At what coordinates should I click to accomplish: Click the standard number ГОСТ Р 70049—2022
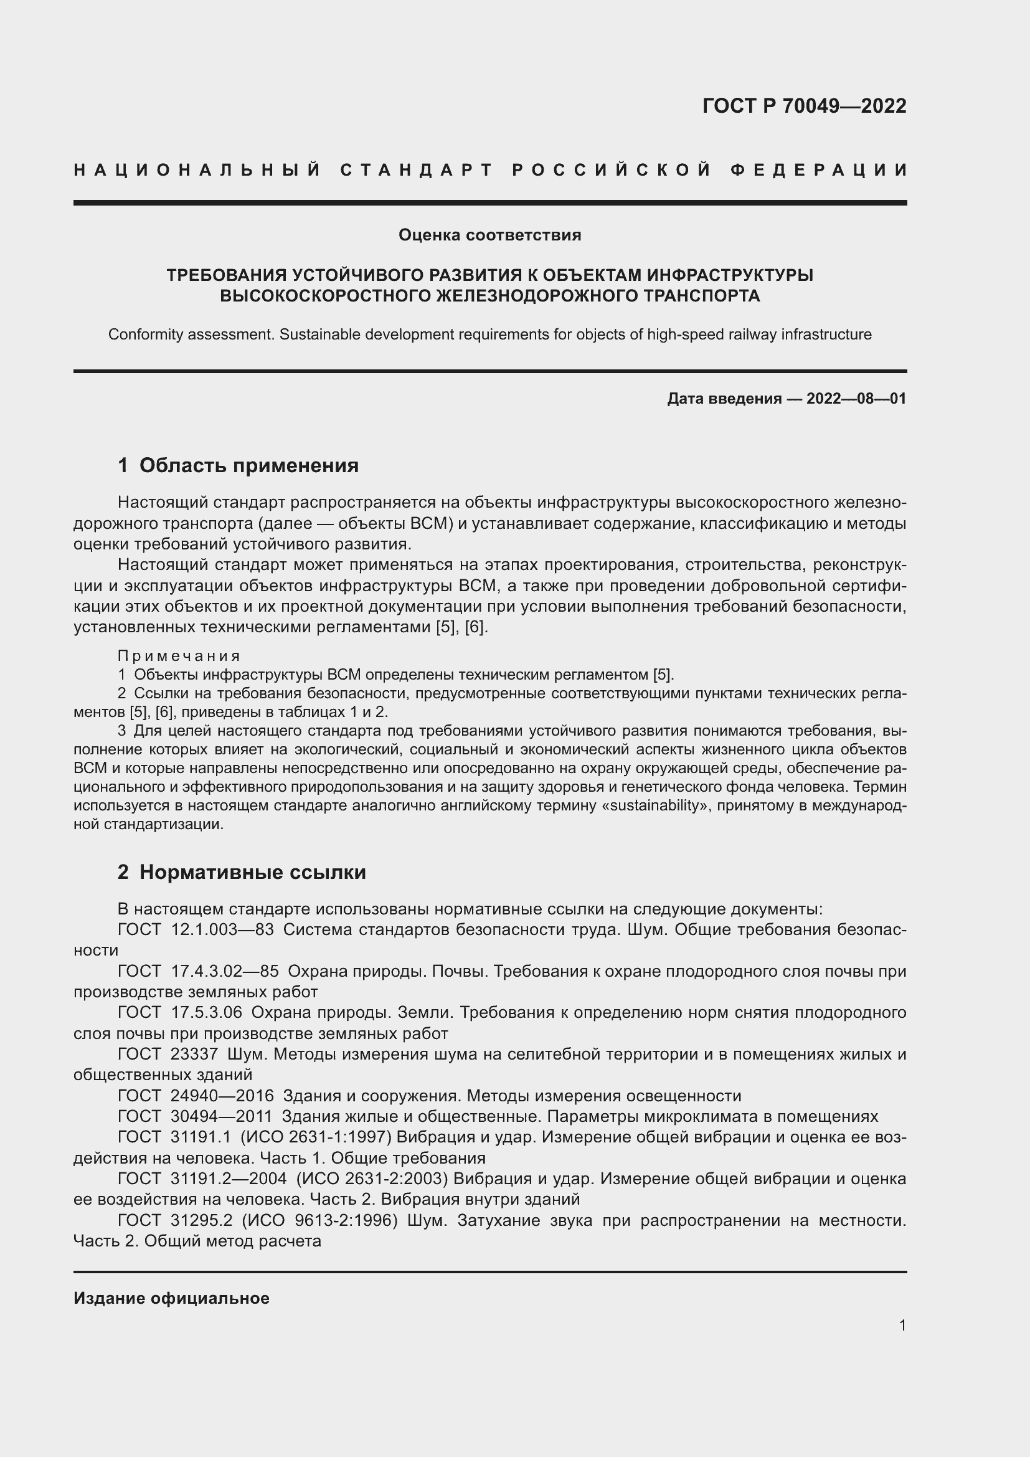pos(804,106)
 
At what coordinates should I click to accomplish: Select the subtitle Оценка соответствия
pos(489,235)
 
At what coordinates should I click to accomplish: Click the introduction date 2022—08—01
pos(856,399)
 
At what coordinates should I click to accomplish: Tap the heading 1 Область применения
pos(238,466)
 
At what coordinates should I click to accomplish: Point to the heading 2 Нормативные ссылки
pos(242,872)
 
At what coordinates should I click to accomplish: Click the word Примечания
pos(179,655)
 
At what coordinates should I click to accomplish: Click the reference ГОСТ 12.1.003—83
pos(196,929)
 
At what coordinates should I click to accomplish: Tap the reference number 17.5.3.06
pos(206,1013)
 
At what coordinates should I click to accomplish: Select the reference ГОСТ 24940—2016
pos(196,1096)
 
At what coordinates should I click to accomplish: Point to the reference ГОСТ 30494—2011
pos(196,1116)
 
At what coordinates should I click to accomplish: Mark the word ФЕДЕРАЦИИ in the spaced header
pos(820,170)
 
